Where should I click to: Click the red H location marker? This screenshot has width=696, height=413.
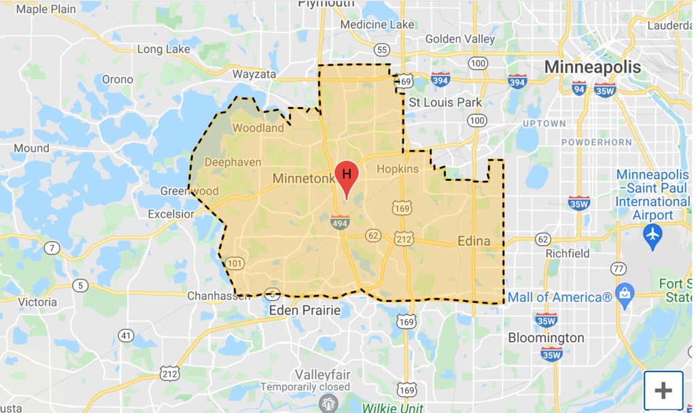(346, 175)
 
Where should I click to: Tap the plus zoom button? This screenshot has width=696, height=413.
(663, 391)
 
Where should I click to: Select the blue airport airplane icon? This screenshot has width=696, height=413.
(652, 235)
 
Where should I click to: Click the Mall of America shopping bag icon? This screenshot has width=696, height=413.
(623, 294)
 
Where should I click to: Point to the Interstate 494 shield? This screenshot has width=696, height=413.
(340, 221)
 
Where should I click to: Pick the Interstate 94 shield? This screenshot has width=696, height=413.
(579, 88)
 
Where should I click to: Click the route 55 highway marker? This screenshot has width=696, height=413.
(382, 50)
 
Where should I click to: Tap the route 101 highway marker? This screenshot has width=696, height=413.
(236, 263)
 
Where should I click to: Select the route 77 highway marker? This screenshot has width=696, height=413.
(618, 268)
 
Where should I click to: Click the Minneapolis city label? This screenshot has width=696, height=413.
(593, 67)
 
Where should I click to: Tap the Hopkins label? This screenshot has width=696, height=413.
(398, 169)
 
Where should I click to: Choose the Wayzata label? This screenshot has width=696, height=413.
(254, 74)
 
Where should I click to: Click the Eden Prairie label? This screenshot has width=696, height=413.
(304, 310)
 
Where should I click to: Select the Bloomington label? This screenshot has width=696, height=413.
(546, 337)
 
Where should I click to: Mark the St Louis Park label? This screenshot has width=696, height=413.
(445, 102)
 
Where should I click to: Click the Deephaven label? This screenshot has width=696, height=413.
(232, 162)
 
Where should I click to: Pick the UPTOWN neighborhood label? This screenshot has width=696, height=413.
(544, 123)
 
